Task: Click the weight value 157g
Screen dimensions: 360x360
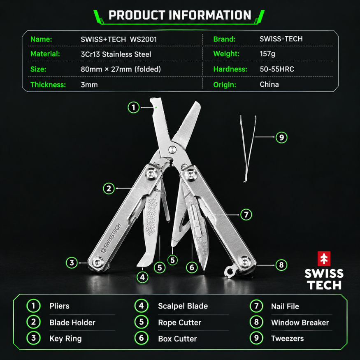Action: click(x=267, y=54)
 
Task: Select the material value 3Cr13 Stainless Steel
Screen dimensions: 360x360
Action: click(x=116, y=54)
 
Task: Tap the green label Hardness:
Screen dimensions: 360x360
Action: click(x=230, y=69)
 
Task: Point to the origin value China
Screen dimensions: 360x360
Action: click(x=269, y=84)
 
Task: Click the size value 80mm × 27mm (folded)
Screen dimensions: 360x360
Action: click(x=121, y=69)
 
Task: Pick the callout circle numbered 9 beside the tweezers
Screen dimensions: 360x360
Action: click(x=281, y=137)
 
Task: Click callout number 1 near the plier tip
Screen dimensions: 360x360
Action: click(x=133, y=107)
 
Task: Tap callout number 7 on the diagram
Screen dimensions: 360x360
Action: click(x=246, y=215)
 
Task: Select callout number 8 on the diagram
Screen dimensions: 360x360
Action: click(x=281, y=265)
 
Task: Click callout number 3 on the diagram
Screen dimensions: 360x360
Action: click(x=72, y=262)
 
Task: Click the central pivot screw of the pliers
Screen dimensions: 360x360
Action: click(x=172, y=149)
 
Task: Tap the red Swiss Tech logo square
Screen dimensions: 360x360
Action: click(x=324, y=258)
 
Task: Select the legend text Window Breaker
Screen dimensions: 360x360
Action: click(x=300, y=323)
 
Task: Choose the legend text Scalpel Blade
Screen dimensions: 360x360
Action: click(x=183, y=306)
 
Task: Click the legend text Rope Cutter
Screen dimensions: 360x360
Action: click(x=179, y=323)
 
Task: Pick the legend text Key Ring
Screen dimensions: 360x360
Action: click(x=65, y=339)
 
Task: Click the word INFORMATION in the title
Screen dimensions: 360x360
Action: click(x=210, y=15)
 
